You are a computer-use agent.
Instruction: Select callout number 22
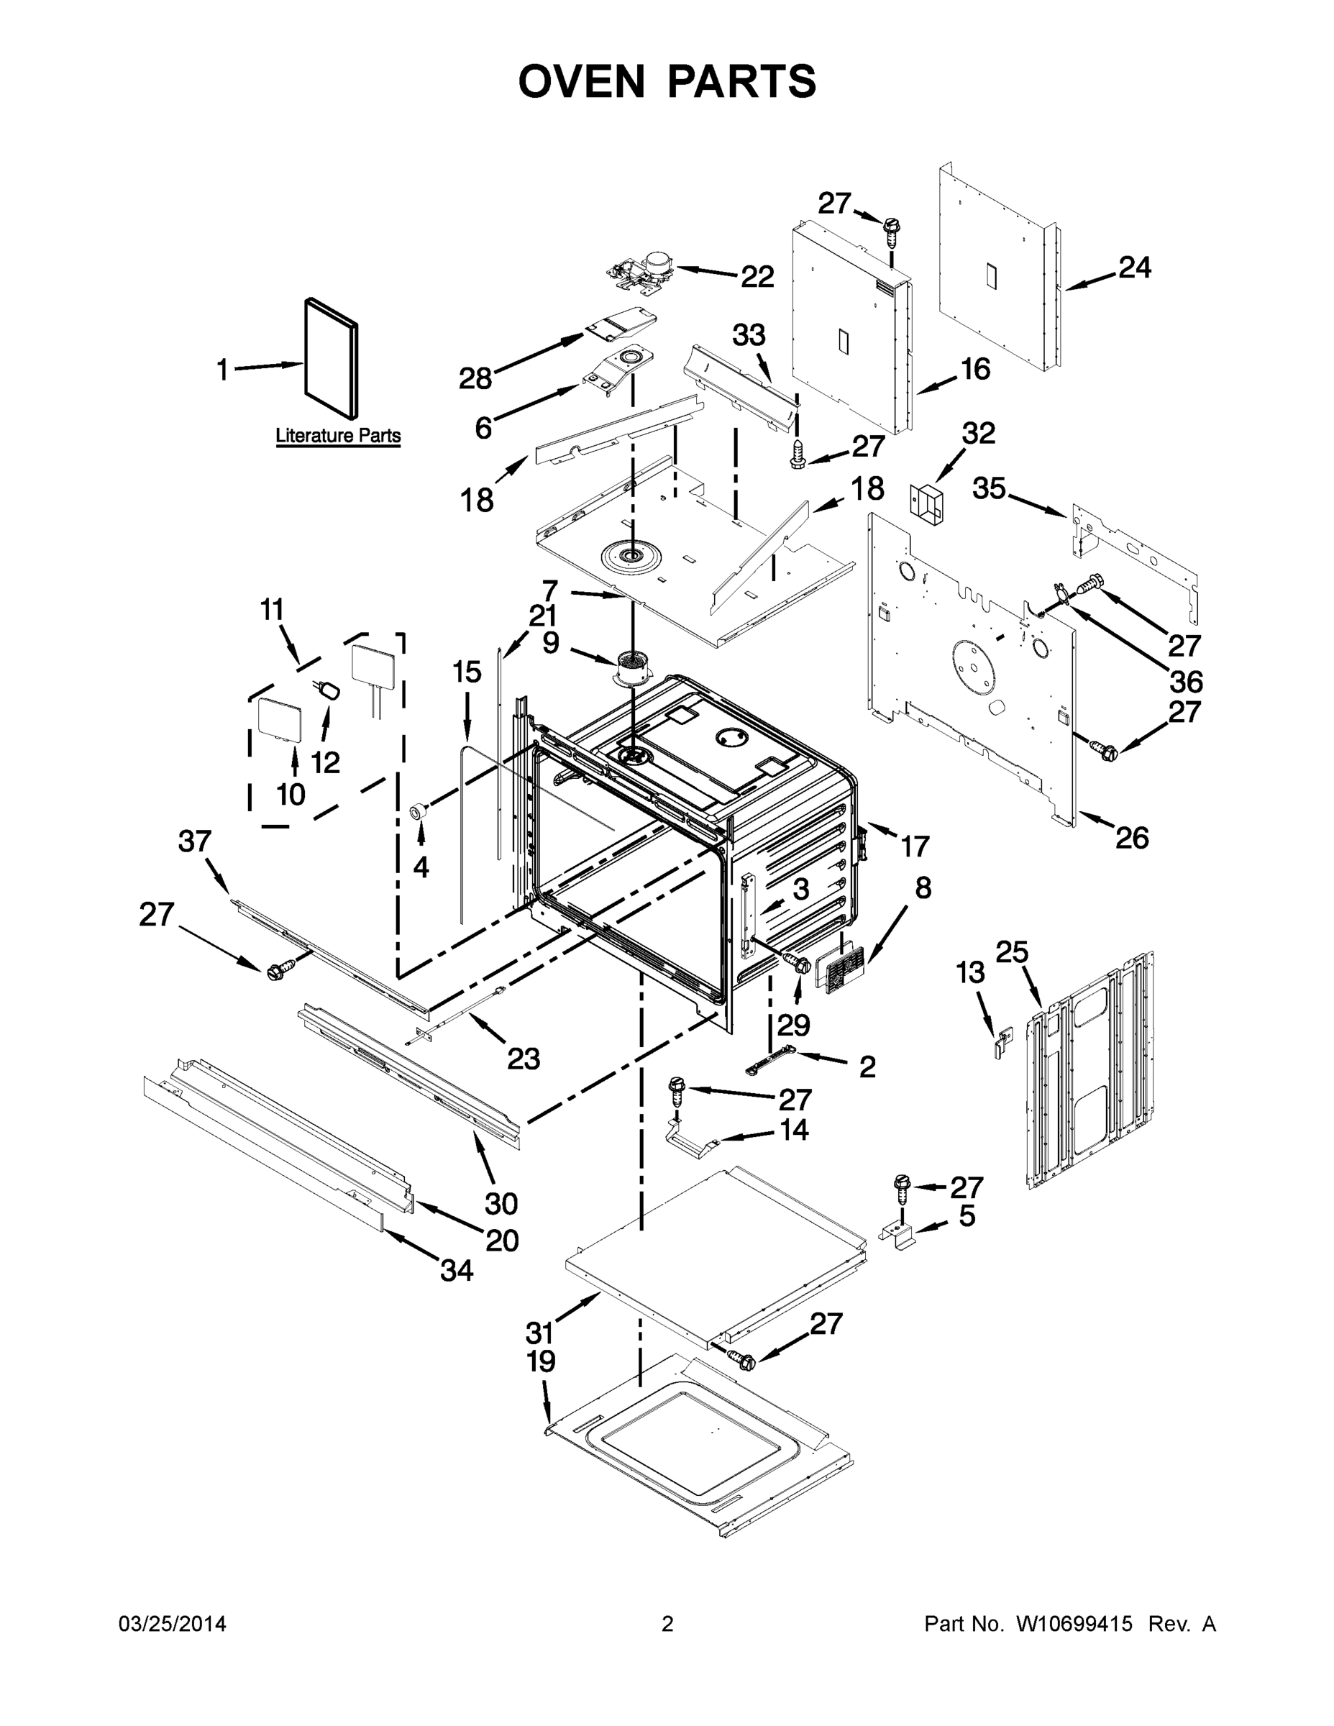tap(757, 277)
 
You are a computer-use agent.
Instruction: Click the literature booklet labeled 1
tap(331, 357)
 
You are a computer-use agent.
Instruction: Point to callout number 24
tap(1134, 268)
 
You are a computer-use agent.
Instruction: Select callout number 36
tap(1184, 680)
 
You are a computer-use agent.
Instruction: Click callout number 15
tap(466, 672)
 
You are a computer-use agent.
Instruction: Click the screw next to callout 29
tap(797, 962)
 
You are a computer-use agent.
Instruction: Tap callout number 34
tap(456, 1270)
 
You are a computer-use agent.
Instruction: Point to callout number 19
tap(542, 1361)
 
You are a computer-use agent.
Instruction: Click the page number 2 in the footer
tap(667, 1625)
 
